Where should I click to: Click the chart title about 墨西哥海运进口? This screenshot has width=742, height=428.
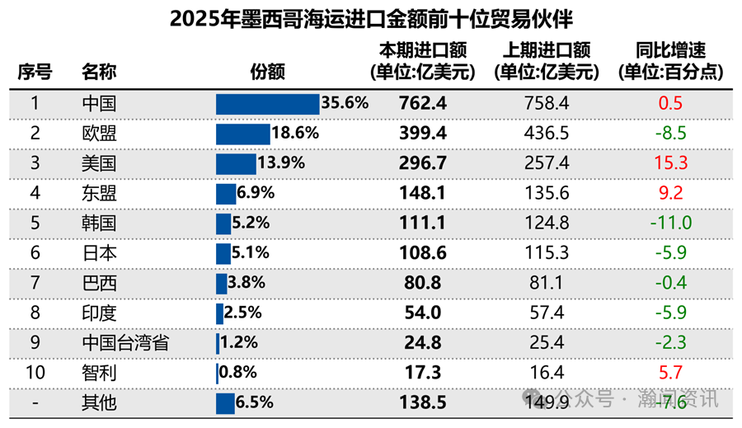(x=371, y=19)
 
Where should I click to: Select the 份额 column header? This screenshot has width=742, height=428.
(x=267, y=72)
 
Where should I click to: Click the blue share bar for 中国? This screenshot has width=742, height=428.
(x=267, y=104)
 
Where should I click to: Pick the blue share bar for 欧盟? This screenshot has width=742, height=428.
(x=242, y=134)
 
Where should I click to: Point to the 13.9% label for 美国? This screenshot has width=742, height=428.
(x=281, y=163)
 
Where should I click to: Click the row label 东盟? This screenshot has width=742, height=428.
(x=99, y=193)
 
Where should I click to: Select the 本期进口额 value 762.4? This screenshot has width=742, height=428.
(x=422, y=104)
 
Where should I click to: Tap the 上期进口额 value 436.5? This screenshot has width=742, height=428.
(x=546, y=134)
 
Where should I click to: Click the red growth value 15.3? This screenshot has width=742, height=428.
(x=670, y=163)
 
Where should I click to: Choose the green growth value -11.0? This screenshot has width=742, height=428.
(x=670, y=223)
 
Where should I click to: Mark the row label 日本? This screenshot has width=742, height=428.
(x=99, y=253)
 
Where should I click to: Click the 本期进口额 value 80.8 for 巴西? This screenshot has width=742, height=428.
(x=422, y=283)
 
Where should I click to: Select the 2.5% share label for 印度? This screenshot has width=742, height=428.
(x=243, y=313)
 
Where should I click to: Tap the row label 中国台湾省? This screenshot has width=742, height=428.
(x=125, y=342)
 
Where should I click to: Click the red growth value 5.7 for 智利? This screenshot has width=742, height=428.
(x=670, y=373)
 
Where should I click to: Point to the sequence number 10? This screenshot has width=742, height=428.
(x=35, y=373)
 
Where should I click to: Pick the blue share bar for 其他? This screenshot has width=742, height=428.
(x=225, y=403)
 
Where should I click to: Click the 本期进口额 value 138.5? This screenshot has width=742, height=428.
(x=422, y=403)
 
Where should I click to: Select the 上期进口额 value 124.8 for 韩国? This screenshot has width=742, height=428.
(x=546, y=223)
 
